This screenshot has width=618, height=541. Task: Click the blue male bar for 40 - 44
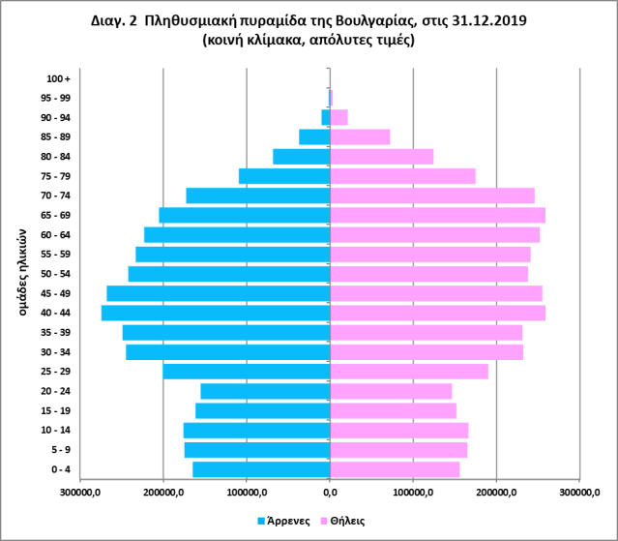point(216,313)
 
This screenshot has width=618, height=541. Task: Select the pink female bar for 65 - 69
point(437,215)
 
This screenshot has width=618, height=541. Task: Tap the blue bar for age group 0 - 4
point(261,469)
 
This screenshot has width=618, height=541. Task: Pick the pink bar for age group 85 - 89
point(360,136)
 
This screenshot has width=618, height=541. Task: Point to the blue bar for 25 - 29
point(247,372)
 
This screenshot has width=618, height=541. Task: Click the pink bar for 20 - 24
point(391,391)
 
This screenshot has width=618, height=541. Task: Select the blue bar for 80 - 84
point(302,156)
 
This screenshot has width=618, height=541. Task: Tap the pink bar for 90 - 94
point(338,117)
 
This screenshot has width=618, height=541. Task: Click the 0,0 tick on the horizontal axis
point(330,493)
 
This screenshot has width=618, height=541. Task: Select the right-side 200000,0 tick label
point(496,493)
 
